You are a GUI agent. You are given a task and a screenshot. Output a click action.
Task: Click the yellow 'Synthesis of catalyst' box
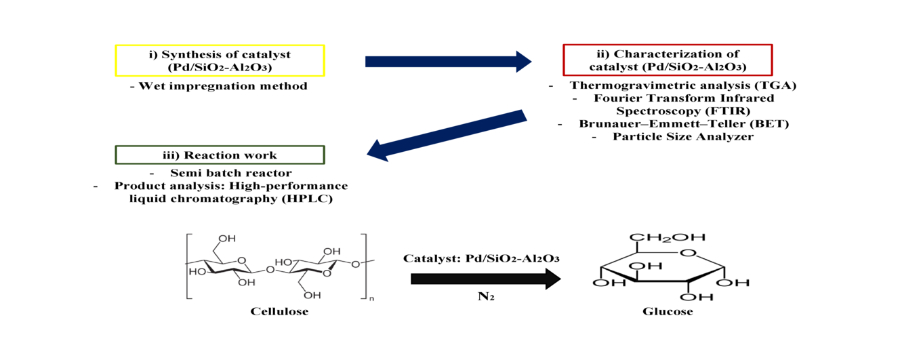pos(220,60)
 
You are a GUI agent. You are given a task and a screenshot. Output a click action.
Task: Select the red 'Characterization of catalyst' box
pos(668,60)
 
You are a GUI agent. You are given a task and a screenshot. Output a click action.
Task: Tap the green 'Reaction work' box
pos(220,155)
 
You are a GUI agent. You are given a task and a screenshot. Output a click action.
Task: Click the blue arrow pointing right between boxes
pos(447,62)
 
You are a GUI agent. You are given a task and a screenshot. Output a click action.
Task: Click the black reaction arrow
pos(485,279)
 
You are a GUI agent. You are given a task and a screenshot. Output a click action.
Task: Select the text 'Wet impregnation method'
pos(219,86)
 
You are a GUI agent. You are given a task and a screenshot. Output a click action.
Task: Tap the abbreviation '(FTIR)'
pos(720,111)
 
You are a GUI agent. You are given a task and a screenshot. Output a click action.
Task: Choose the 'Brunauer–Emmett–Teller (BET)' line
pos(684,124)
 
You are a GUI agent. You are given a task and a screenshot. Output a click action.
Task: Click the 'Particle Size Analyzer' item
pos(683,136)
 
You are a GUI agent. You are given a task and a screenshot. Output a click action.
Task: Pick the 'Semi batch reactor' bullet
pos(231,174)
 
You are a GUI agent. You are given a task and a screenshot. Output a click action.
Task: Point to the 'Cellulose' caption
pos(279,312)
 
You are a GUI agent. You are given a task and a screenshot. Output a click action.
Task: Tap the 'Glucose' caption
pos(668,312)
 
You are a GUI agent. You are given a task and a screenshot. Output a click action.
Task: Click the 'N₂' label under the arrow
pos(485,297)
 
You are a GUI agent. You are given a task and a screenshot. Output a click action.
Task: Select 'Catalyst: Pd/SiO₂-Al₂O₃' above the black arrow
pos(485,259)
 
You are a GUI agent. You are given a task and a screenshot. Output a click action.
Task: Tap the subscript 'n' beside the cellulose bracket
pos(371,298)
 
